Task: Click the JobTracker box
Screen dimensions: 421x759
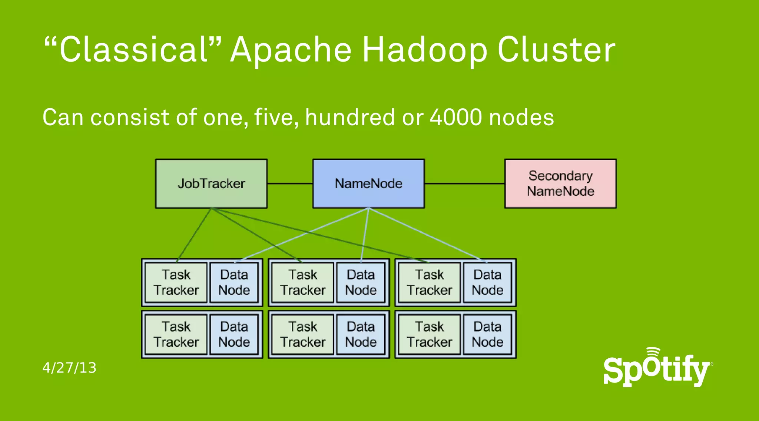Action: coord(211,183)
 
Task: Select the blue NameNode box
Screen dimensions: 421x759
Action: coord(368,183)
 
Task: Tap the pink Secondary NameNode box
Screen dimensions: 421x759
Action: coord(560,183)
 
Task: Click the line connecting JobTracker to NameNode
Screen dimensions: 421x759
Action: coord(290,183)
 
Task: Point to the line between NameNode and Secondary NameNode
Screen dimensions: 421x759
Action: coord(464,183)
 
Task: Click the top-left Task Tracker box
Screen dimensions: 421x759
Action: coord(176,282)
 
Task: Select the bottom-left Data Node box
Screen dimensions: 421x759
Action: coord(234,334)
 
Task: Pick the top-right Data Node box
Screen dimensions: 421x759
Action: coord(487,282)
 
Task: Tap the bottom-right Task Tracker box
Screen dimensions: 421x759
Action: coord(430,334)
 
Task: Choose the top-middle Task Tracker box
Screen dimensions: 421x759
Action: coord(303,282)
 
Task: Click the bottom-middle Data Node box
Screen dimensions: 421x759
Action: coord(361,334)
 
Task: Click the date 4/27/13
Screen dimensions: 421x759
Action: coord(69,368)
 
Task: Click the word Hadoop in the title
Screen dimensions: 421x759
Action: coord(424,50)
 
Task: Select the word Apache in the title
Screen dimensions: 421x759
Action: coord(291,50)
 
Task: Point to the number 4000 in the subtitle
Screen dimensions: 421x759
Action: coord(456,117)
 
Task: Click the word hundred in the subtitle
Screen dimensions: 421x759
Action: coord(350,117)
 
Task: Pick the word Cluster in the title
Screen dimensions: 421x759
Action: coord(556,50)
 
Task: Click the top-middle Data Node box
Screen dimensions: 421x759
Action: coord(361,282)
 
